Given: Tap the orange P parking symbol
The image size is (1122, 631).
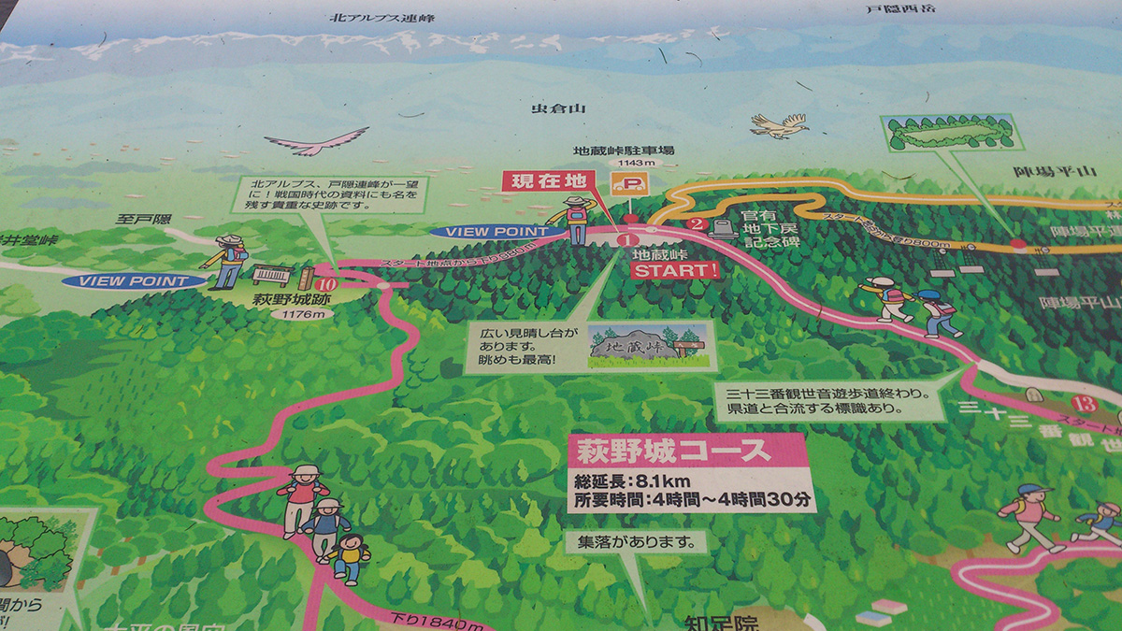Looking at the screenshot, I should coord(628,182).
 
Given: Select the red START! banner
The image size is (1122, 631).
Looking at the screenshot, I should coord(675,270).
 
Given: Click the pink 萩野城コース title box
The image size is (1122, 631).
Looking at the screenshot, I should coord(686,452).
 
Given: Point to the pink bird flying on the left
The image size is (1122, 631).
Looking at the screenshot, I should coord(317,142).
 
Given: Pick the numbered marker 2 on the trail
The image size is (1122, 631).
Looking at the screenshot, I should coord(695,223).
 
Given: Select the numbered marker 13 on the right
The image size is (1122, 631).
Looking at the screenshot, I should coord(1086,404).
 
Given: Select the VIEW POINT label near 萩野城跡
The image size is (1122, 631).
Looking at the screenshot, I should coord(135,280).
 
